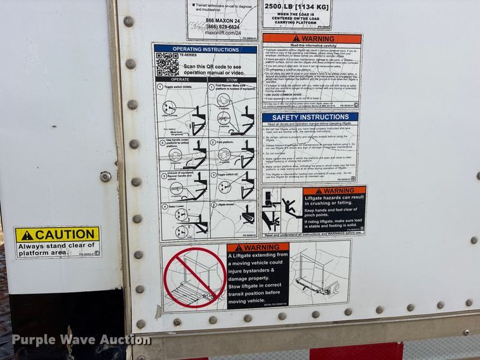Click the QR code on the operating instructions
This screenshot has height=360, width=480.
pyautogui.click(x=168, y=64)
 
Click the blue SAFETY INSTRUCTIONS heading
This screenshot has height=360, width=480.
pyautogui.click(x=310, y=117)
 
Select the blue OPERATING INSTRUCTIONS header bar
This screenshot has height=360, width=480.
pyautogui.click(x=205, y=48)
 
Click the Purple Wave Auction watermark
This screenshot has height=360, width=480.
pyautogui.click(x=81, y=340)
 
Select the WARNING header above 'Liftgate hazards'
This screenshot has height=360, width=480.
pyautogui.click(x=334, y=190)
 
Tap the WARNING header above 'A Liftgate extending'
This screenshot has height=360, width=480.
pyautogui.click(x=258, y=247)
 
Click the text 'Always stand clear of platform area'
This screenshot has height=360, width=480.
pyautogui.click(x=57, y=248)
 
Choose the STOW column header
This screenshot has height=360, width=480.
pyautogui.click(x=232, y=80)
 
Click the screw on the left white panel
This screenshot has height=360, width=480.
pyautogui.click(x=105, y=177)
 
